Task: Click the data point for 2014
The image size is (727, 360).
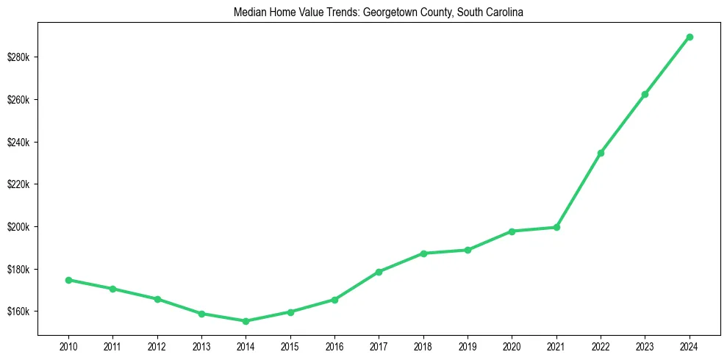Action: click(x=246, y=321)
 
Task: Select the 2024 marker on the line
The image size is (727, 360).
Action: click(x=690, y=37)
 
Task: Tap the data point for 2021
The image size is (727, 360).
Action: click(x=556, y=227)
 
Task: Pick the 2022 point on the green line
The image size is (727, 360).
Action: click(x=601, y=153)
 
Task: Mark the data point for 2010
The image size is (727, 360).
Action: click(x=68, y=280)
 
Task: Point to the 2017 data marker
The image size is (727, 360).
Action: click(x=379, y=272)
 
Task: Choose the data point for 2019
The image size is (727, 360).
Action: click(x=468, y=250)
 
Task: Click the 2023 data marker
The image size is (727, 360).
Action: click(x=645, y=94)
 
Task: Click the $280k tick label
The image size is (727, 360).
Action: click(x=18, y=57)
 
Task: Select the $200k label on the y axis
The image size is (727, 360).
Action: click(x=18, y=227)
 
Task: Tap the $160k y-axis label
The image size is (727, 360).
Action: click(x=18, y=312)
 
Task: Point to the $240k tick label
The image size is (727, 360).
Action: click(x=18, y=143)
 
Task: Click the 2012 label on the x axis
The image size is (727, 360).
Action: click(x=157, y=345)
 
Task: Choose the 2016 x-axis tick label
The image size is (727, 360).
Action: click(x=334, y=345)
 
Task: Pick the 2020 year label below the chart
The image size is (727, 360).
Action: click(x=512, y=345)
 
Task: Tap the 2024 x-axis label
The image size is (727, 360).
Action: click(x=690, y=345)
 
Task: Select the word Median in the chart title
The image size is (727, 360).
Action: click(x=248, y=12)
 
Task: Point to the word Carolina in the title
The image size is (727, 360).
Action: click(x=504, y=12)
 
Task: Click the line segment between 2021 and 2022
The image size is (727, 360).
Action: click(x=579, y=190)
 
